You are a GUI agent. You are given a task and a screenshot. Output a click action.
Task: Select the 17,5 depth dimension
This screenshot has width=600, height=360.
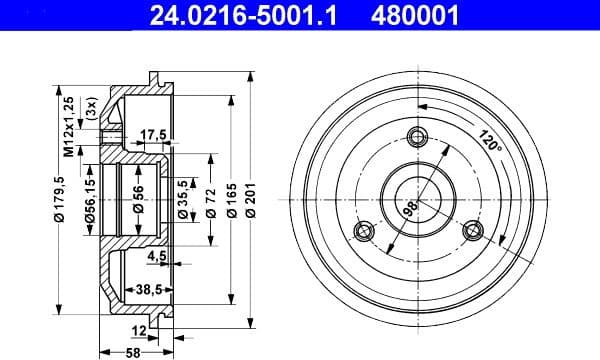tap(153, 133)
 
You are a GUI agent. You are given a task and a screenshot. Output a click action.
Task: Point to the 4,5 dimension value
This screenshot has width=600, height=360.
tap(156, 257)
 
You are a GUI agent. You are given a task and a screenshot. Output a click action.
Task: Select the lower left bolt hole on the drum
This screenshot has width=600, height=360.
tap(365, 232)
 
